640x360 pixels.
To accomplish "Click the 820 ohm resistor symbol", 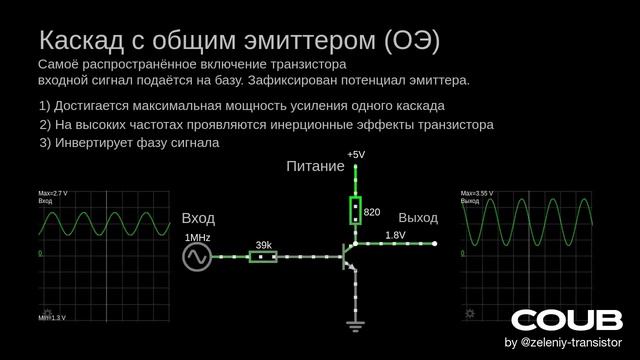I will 355,211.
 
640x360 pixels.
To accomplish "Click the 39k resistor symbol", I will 263,257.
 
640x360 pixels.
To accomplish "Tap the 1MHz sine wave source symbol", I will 196,257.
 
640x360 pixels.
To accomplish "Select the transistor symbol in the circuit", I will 349,257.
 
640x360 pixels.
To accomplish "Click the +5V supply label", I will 356,155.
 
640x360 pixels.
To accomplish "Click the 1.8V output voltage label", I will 395,235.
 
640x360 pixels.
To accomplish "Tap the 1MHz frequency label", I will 197,238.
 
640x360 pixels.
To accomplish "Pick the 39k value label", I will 263,244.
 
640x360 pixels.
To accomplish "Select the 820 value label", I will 372,212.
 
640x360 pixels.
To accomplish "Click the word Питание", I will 315,166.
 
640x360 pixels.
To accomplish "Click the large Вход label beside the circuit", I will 198,218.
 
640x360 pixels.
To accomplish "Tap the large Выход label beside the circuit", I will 418,217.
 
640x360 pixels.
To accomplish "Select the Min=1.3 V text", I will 52,317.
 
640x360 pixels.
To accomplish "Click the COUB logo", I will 566,320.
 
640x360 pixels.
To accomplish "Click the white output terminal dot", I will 434,243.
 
